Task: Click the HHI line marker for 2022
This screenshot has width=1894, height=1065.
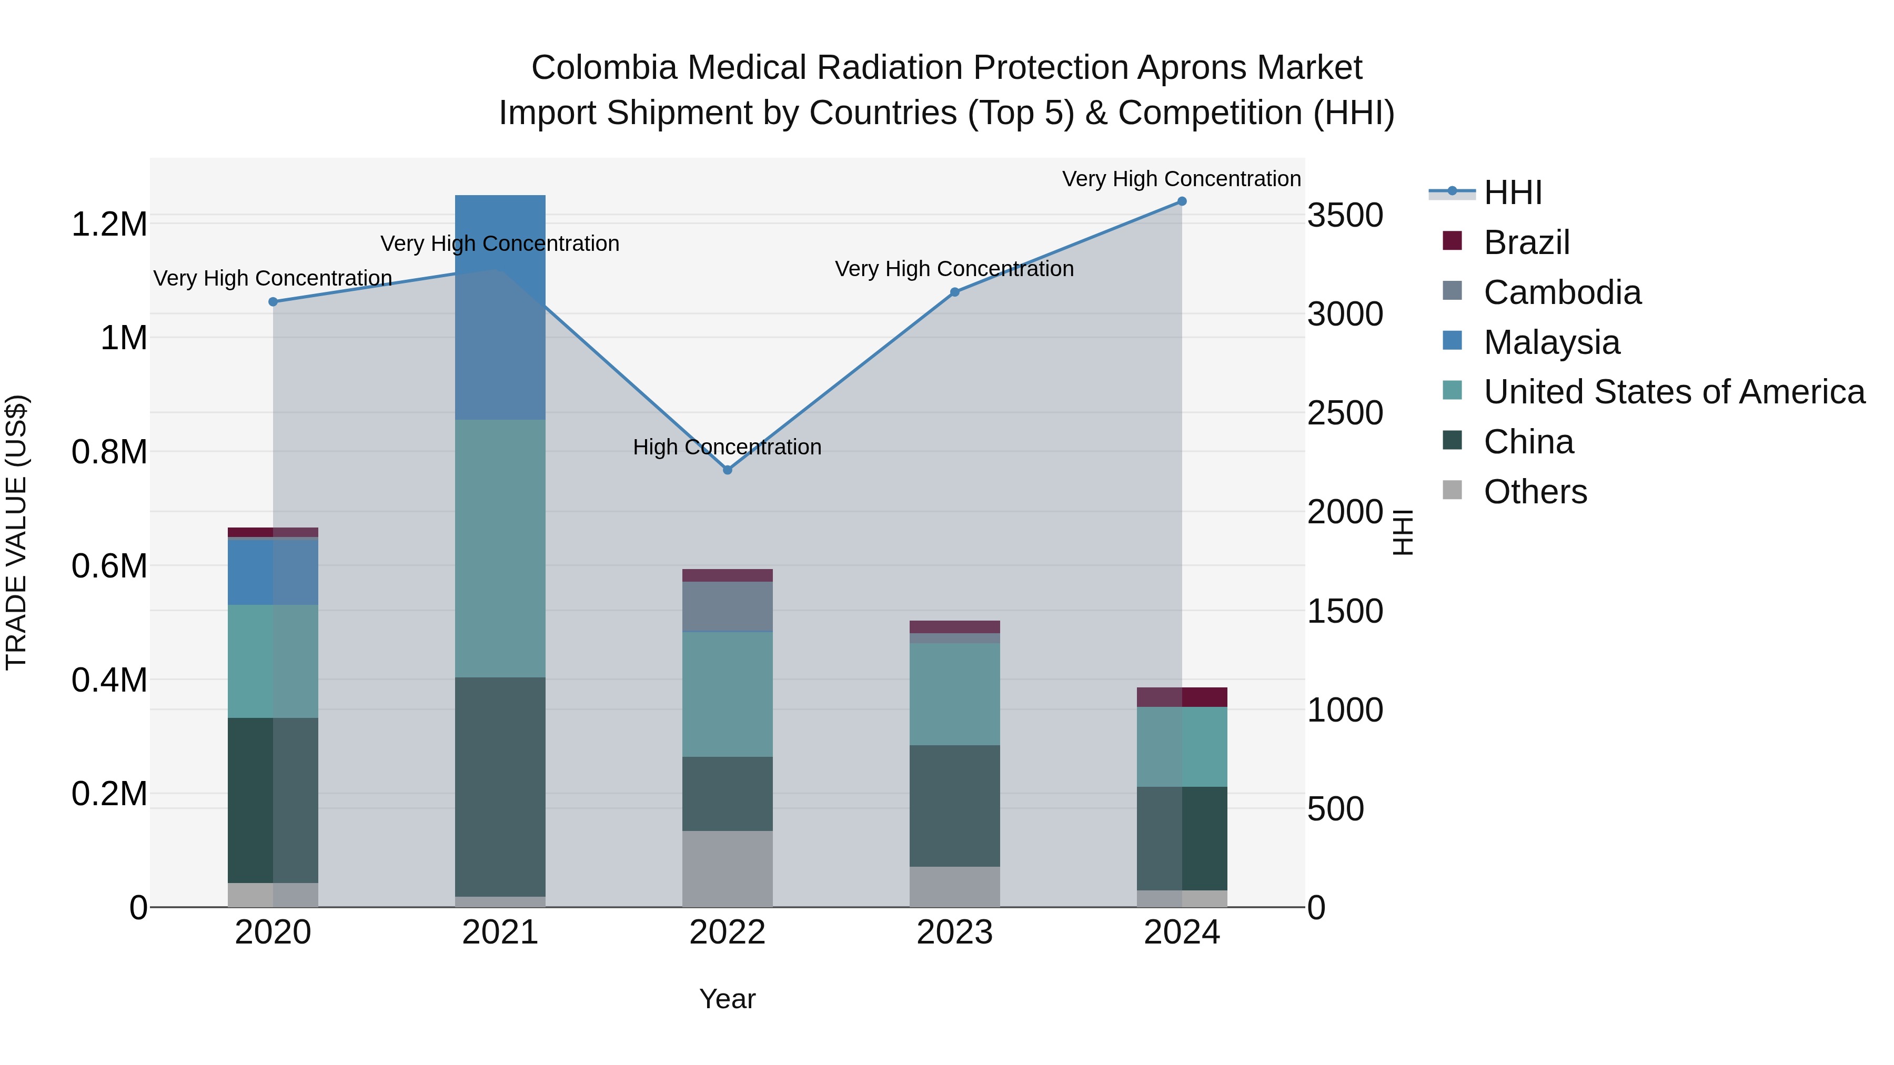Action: pyautogui.click(x=727, y=470)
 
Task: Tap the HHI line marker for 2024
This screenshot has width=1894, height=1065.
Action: pyautogui.click(x=1182, y=201)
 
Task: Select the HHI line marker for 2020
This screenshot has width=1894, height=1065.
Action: pyautogui.click(x=274, y=301)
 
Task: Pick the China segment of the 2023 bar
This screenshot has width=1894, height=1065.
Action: pyautogui.click(x=954, y=806)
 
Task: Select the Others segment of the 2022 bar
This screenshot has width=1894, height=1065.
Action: pyautogui.click(x=727, y=869)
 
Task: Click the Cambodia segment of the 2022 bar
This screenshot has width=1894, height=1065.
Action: pyautogui.click(x=727, y=606)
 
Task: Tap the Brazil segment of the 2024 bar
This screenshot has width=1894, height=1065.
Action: pyautogui.click(x=1182, y=697)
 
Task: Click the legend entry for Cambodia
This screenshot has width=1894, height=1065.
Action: pyautogui.click(x=1561, y=292)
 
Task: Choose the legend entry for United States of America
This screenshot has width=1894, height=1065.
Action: pyautogui.click(x=1674, y=392)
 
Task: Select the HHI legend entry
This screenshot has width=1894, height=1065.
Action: pyautogui.click(x=1512, y=192)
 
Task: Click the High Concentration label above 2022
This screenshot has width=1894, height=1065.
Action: pyautogui.click(x=727, y=447)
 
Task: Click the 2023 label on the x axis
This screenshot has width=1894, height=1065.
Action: pyautogui.click(x=954, y=932)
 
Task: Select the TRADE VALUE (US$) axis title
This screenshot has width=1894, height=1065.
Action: pyautogui.click(x=16, y=532)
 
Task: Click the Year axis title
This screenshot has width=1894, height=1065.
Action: pyautogui.click(x=727, y=999)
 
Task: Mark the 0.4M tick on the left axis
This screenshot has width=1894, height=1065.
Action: pyautogui.click(x=109, y=680)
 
